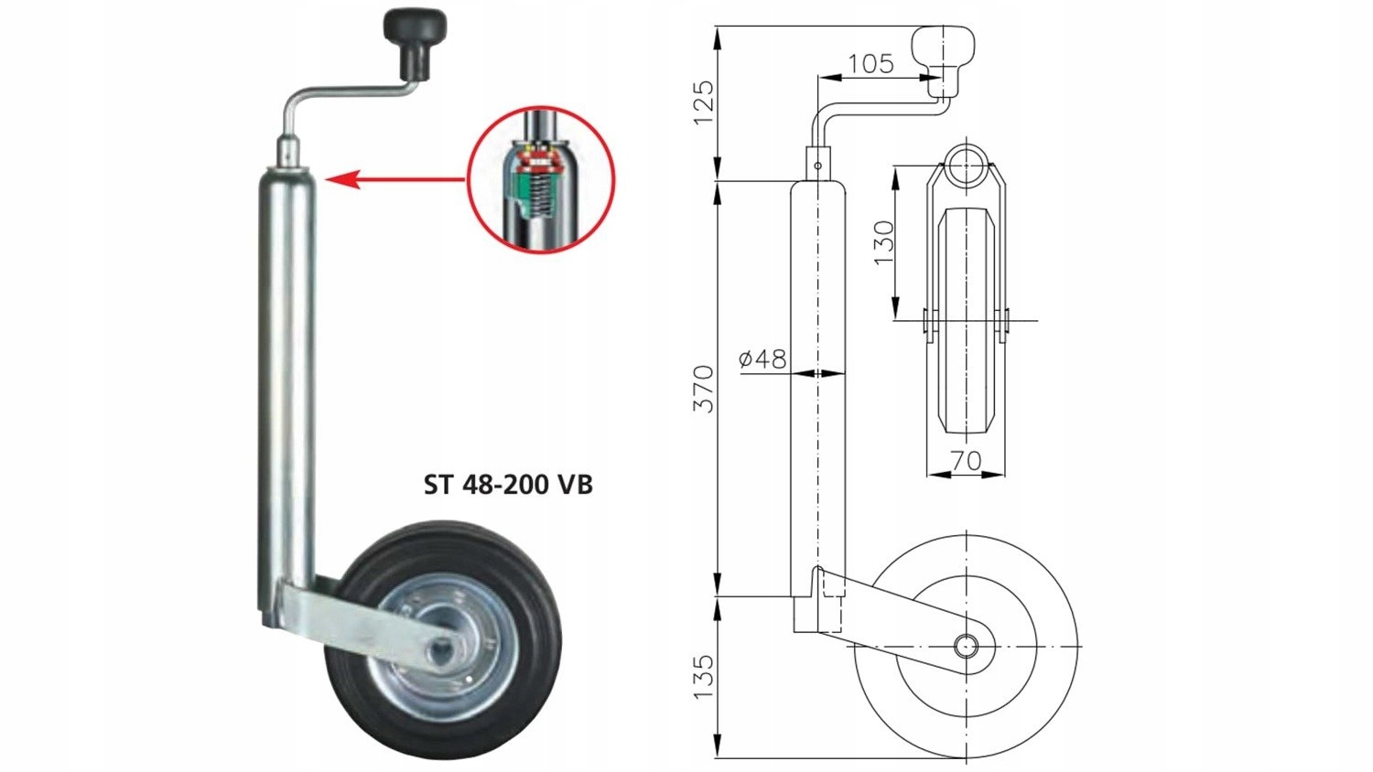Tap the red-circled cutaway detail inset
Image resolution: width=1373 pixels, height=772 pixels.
coord(541,179)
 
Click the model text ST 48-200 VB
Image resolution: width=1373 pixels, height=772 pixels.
coord(508,484)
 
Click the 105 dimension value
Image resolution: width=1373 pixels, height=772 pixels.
coord(870,63)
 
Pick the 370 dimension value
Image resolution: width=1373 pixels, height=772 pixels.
coord(702,388)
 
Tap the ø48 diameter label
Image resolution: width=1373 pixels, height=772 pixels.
coord(762,359)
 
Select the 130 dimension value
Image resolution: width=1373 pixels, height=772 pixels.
coord(882,242)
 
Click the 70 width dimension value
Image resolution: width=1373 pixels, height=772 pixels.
coord(966,460)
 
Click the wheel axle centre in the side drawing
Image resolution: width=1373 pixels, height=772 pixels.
coord(966,647)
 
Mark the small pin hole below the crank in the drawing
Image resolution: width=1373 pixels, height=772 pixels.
coord(817,166)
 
